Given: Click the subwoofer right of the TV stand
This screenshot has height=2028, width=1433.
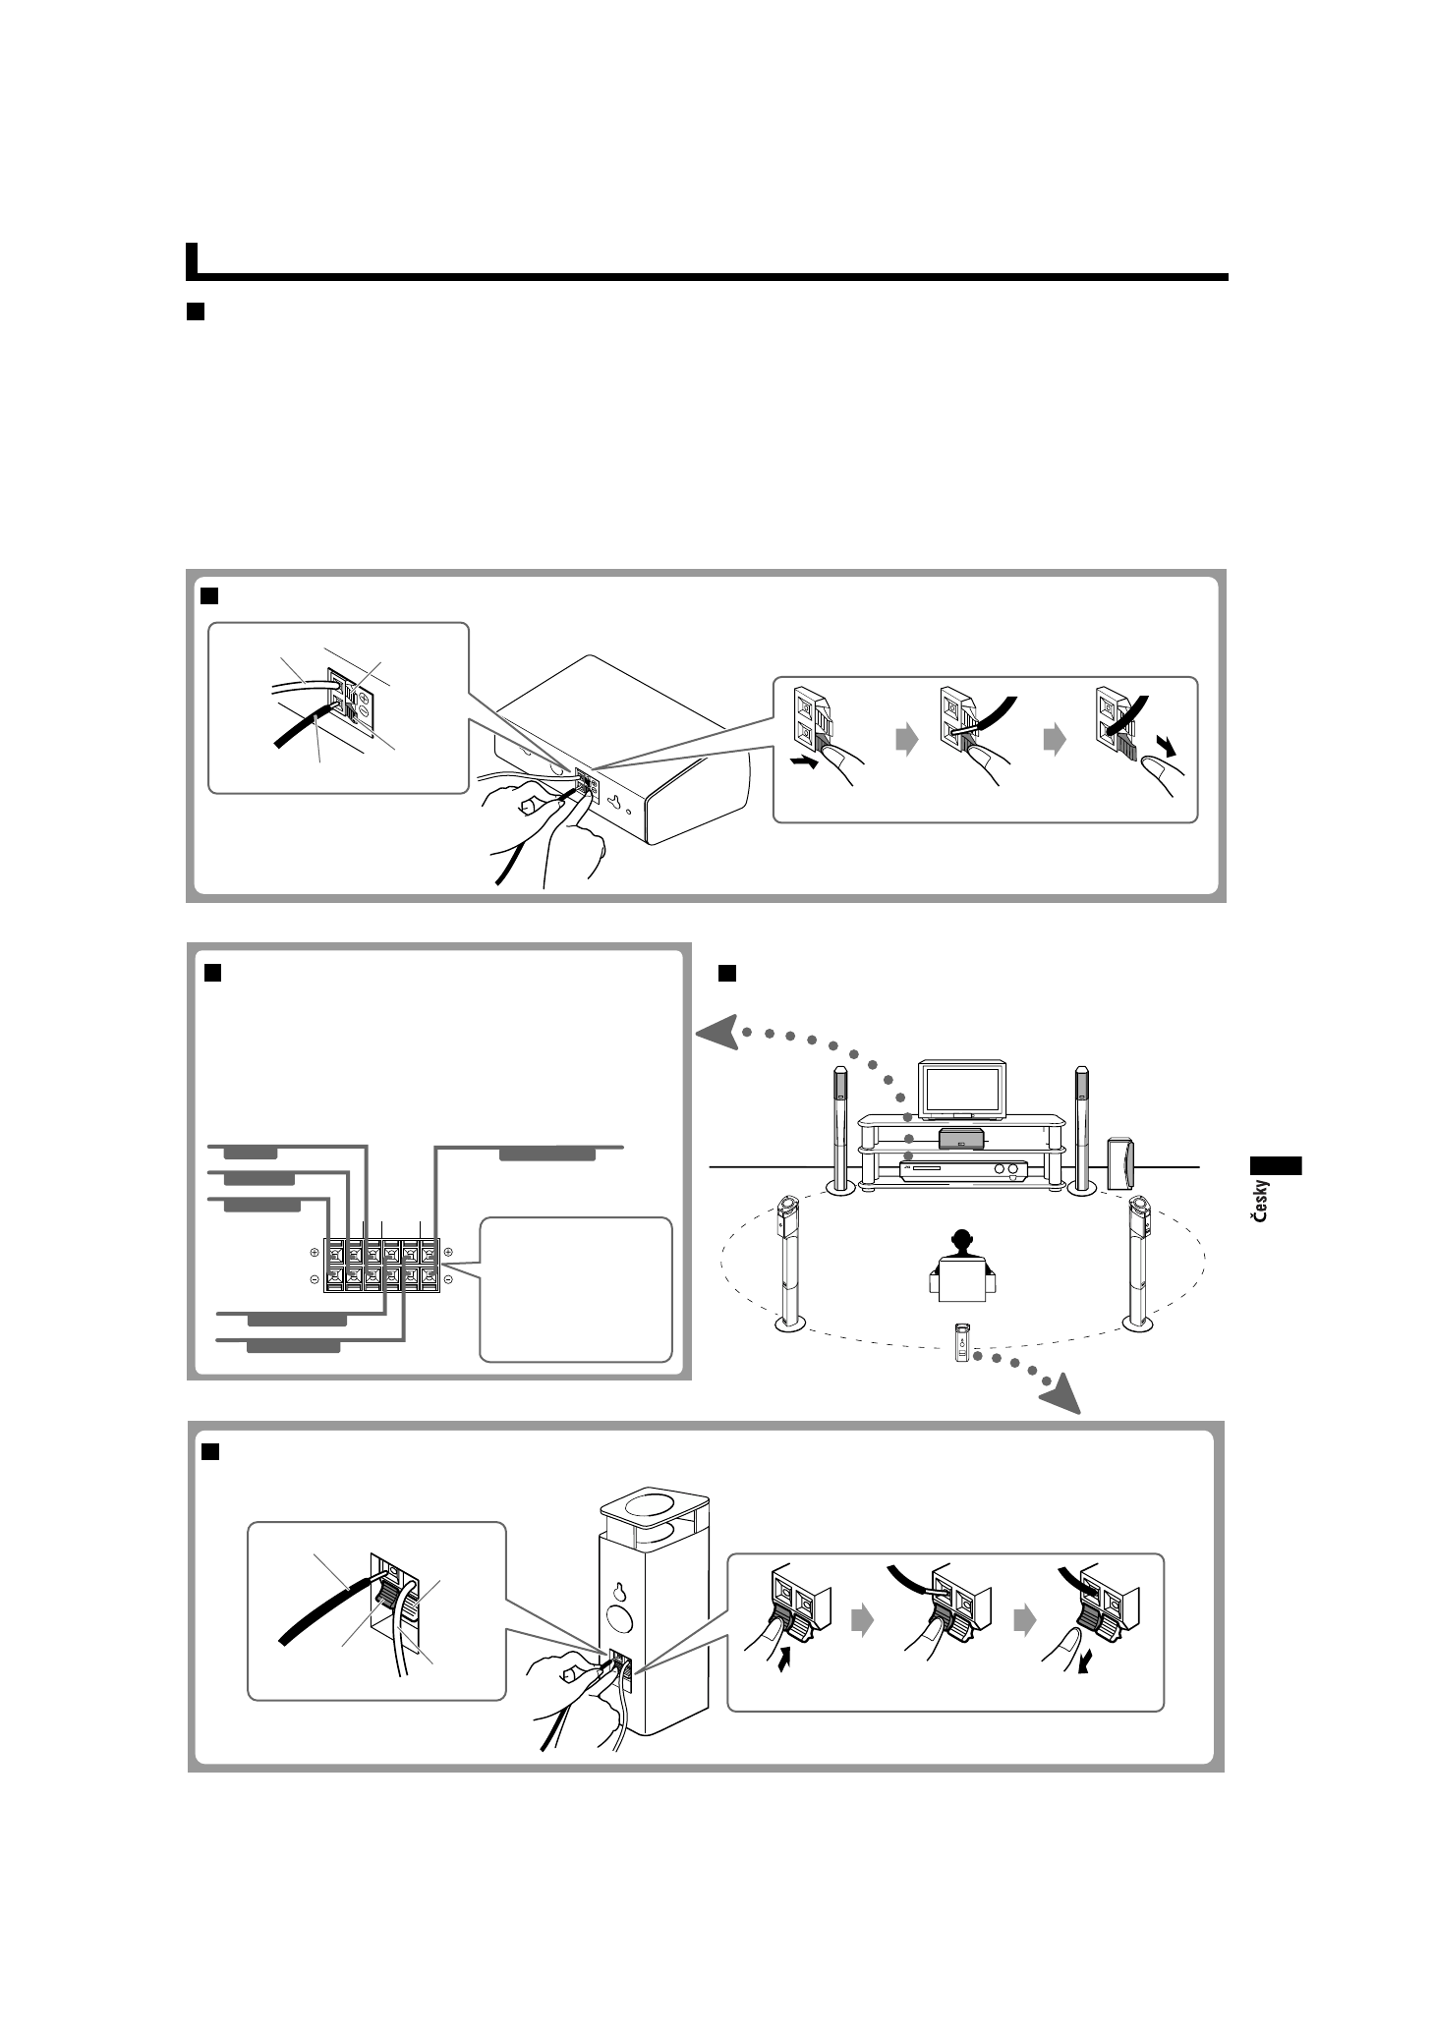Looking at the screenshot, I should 1119,1162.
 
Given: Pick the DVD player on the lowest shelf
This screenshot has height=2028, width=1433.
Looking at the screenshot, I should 962,1170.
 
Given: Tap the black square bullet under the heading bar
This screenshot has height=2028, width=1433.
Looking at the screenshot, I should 195,311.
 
